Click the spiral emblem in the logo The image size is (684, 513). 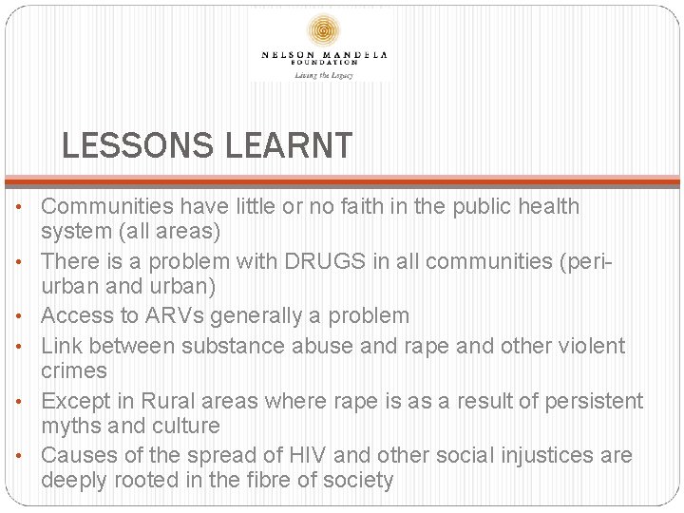click(x=324, y=29)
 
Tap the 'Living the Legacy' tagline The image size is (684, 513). click(x=324, y=75)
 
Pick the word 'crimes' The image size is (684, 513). click(x=74, y=371)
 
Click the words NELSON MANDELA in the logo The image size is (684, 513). click(x=324, y=55)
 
